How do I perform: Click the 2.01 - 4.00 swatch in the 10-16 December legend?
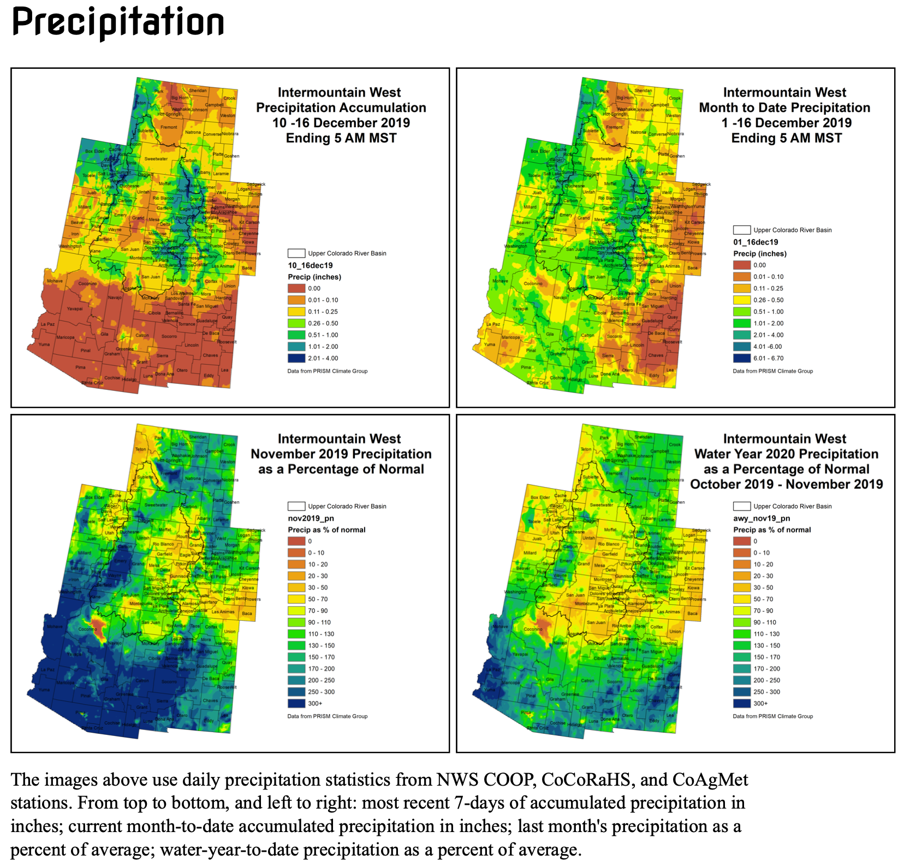pos(296,358)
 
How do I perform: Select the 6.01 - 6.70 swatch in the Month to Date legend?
pos(742,358)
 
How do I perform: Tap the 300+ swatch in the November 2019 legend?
pos(296,703)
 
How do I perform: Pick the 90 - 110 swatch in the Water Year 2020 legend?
pos(742,622)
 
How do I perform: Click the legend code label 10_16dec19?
pos(310,265)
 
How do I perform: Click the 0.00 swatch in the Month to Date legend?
pos(742,265)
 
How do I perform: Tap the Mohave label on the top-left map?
pos(55,281)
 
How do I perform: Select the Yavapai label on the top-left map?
pos(75,308)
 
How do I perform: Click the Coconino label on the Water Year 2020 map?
pos(533,629)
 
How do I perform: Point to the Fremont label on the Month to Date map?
pos(614,127)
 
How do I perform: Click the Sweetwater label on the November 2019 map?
pos(156,505)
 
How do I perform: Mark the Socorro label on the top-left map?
pos(169,336)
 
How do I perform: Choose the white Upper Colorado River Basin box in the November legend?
pos(296,506)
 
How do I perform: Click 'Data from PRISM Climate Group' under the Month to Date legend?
pos(772,371)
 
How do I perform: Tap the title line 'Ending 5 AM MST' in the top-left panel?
pos(341,138)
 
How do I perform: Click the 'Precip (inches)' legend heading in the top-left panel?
pos(314,277)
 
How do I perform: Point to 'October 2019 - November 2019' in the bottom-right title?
pos(786,484)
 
